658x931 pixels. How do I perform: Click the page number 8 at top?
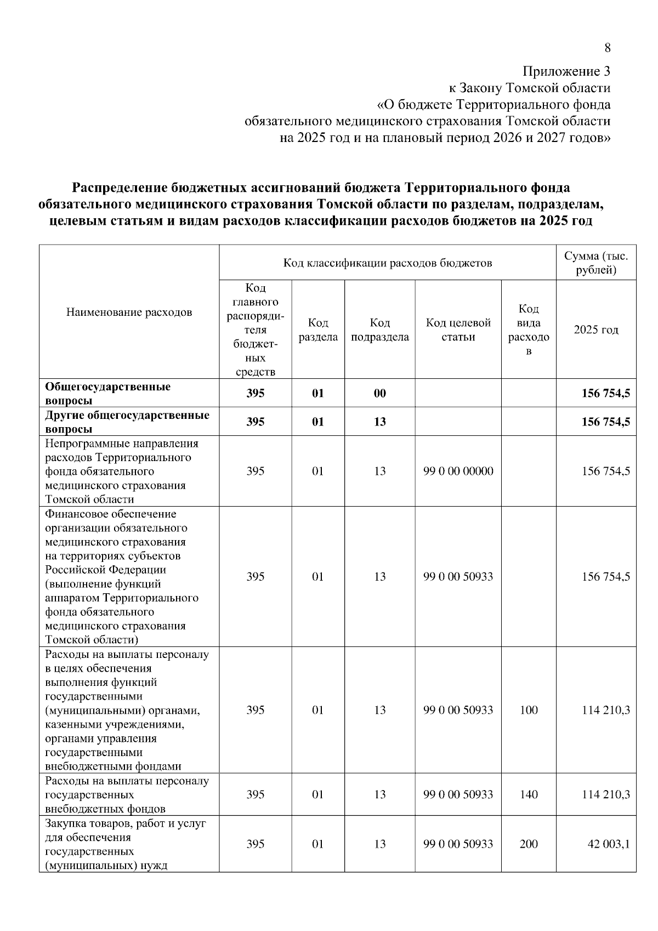click(607, 48)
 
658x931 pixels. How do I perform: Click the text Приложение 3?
click(566, 71)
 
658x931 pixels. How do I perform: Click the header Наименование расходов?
click(129, 313)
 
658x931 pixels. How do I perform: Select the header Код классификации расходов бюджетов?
click(387, 263)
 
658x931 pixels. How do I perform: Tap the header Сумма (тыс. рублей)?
click(596, 263)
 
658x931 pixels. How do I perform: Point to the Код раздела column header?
click(318, 330)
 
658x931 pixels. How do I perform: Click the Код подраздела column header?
click(379, 330)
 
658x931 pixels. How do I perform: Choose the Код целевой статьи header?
click(458, 330)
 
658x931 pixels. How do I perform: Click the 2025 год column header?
click(596, 330)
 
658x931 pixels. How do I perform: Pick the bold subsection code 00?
click(379, 393)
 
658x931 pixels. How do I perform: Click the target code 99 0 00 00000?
click(458, 471)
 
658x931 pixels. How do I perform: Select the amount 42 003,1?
click(608, 844)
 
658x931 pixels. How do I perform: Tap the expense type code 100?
click(529, 710)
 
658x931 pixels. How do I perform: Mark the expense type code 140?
click(529, 794)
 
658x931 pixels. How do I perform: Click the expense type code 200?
click(529, 844)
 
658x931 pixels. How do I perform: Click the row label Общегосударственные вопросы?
click(107, 393)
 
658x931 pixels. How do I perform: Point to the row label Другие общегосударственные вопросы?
click(127, 422)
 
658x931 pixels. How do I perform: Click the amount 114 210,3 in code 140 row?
click(605, 794)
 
